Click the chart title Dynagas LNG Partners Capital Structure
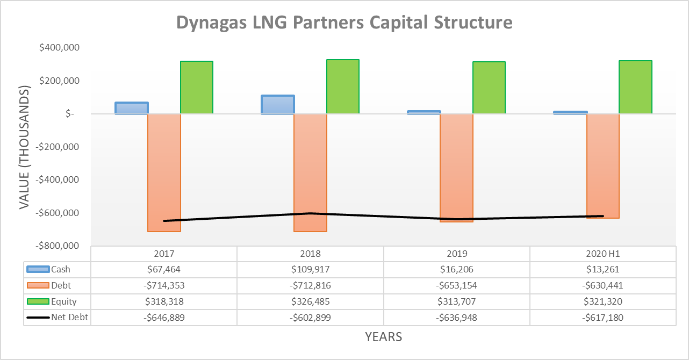[344, 23]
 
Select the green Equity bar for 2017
[197, 87]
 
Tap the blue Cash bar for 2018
[278, 104]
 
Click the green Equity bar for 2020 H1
[635, 87]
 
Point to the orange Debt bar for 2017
[164, 172]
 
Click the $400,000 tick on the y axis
[60, 48]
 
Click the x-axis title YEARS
[383, 337]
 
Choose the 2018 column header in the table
[310, 254]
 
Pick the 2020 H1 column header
[602, 254]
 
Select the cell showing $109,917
[310, 269]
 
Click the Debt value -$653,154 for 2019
[456, 285]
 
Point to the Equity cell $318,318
[164, 301]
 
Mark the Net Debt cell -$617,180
[602, 317]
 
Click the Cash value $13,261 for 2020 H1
[602, 269]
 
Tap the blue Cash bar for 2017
[132, 108]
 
